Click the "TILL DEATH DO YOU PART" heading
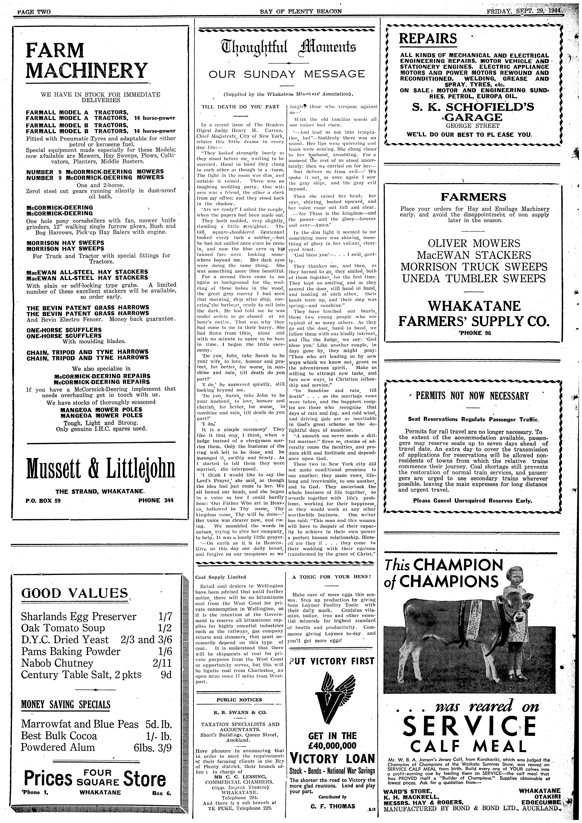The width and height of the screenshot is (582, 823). [240, 106]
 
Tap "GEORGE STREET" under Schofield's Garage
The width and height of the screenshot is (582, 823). [472, 126]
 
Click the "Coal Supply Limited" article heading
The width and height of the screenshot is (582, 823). [221, 577]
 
